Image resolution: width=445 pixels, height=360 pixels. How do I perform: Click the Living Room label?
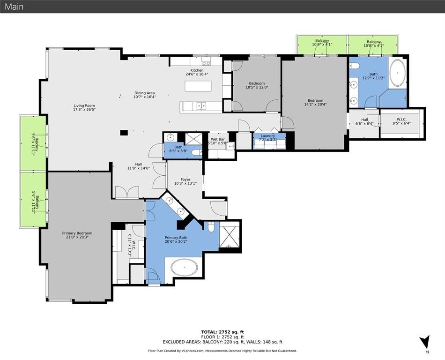pyautogui.click(x=84, y=105)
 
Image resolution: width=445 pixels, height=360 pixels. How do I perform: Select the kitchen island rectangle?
pyautogui.click(x=198, y=86)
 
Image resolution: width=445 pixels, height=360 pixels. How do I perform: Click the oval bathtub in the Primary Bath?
pyautogui.click(x=184, y=268)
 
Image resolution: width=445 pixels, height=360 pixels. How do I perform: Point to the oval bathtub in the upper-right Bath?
pyautogui.click(x=399, y=73)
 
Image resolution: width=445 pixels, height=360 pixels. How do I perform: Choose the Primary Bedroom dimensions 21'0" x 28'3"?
pyautogui.click(x=77, y=237)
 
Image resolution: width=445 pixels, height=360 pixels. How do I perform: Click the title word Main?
pyautogui.click(x=14, y=7)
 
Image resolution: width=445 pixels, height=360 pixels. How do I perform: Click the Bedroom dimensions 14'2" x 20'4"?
pyautogui.click(x=315, y=105)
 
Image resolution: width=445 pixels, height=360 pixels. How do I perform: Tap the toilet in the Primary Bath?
pyautogui.click(x=211, y=227)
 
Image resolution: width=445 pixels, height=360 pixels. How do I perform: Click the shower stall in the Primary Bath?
pyautogui.click(x=230, y=236)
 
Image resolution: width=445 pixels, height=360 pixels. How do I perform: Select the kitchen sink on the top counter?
pyautogui.click(x=206, y=62)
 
